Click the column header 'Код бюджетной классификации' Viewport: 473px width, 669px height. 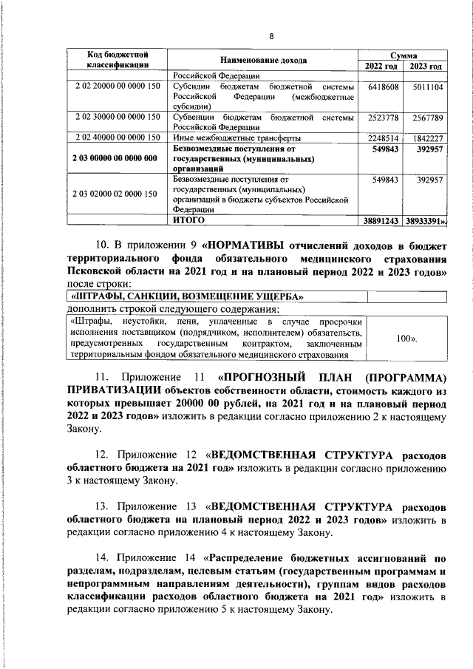coord(115,60)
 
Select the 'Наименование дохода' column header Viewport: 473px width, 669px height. coord(263,60)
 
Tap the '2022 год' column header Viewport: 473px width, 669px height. coord(381,67)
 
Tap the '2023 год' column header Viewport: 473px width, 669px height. coord(425,67)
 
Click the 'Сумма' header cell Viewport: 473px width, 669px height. coord(404,55)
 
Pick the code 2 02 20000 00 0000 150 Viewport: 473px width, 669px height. coord(118,86)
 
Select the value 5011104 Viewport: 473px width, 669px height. coord(427,86)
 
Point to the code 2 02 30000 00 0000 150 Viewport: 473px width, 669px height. coord(118,117)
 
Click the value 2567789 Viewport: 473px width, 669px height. coord(427,118)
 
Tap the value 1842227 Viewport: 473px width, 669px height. coord(427,138)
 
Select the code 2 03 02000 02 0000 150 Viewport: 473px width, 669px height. coord(116,194)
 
